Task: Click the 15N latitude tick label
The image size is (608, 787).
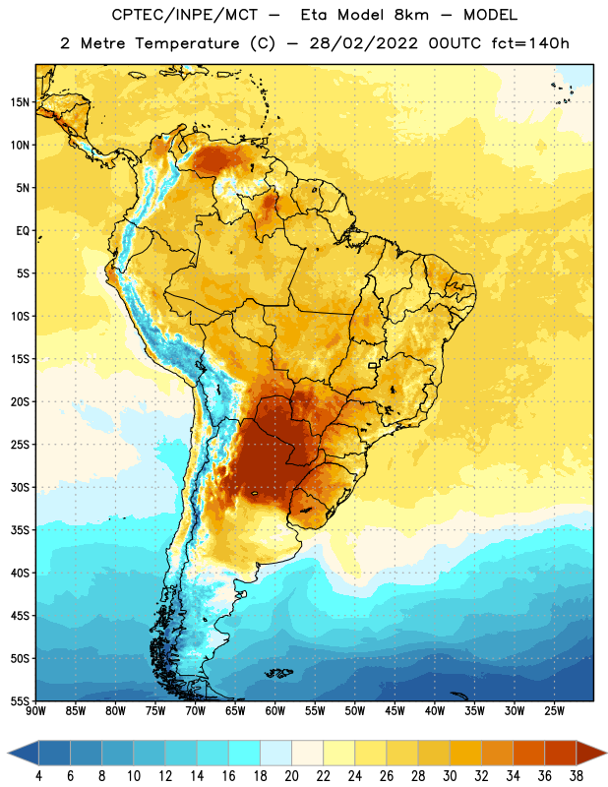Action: pyautogui.click(x=20, y=102)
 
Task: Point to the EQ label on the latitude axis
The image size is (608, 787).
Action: pyautogui.click(x=23, y=231)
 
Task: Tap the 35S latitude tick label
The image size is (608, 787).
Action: pyautogui.click(x=20, y=530)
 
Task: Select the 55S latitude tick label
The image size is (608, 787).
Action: pyautogui.click(x=20, y=700)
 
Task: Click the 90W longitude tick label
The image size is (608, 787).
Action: pyautogui.click(x=35, y=711)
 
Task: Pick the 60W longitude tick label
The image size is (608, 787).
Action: pyautogui.click(x=275, y=711)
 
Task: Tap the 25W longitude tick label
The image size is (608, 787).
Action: pyautogui.click(x=554, y=711)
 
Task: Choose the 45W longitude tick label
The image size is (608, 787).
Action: pyautogui.click(x=395, y=711)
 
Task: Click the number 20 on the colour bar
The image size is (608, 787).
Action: pyautogui.click(x=291, y=776)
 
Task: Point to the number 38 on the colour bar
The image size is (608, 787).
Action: pyautogui.click(x=577, y=776)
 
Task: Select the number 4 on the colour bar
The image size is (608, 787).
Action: pyautogui.click(x=38, y=776)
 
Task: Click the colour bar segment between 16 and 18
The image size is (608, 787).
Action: pyautogui.click(x=245, y=753)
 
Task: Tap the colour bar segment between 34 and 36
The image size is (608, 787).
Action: pyautogui.click(x=528, y=753)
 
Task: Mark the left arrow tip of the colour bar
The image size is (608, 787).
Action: pyautogui.click(x=8, y=753)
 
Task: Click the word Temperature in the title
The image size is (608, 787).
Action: pyautogui.click(x=187, y=43)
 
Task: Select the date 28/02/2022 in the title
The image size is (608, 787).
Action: pyautogui.click(x=363, y=43)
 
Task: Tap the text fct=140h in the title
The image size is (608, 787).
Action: pyautogui.click(x=530, y=43)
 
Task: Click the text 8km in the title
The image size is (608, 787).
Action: pyautogui.click(x=411, y=15)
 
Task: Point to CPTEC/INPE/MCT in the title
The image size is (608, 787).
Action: pyautogui.click(x=184, y=15)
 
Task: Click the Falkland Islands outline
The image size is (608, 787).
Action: pyautogui.click(x=279, y=673)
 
